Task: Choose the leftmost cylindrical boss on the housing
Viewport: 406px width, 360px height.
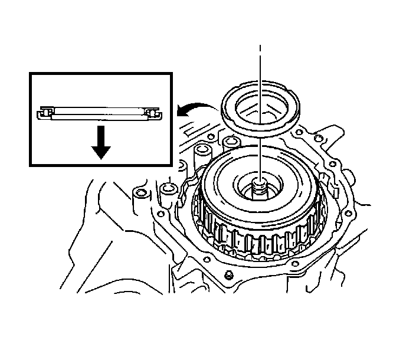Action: tap(140, 194)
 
